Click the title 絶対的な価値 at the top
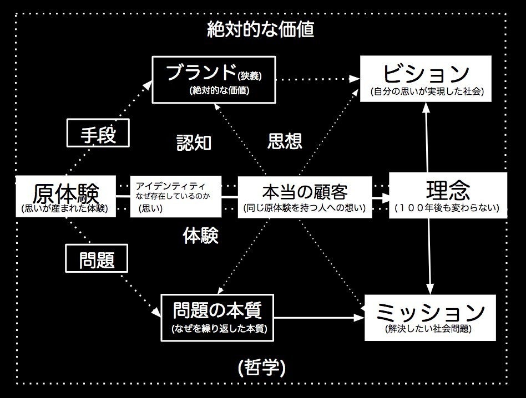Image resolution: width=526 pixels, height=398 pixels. coord(261,29)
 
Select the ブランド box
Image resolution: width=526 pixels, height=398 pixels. coord(214,80)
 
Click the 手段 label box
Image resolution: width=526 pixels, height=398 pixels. coord(98,134)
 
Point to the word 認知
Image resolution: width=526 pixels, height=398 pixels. coord(194,142)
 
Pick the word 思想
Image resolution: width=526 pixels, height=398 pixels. coord(285,141)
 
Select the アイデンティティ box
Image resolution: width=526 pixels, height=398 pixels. coord(175,197)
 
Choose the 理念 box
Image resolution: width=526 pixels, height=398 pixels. coord(448,195)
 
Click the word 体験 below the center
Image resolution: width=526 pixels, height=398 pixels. coord(200,236)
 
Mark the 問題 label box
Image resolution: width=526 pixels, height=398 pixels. coord(97,259)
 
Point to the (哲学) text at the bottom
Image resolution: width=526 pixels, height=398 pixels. coord(261,367)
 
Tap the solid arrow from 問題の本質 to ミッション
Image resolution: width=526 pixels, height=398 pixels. coord(319,318)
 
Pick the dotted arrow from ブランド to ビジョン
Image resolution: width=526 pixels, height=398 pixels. coord(316,79)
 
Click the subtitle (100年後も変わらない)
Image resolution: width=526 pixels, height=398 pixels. coord(448,208)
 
